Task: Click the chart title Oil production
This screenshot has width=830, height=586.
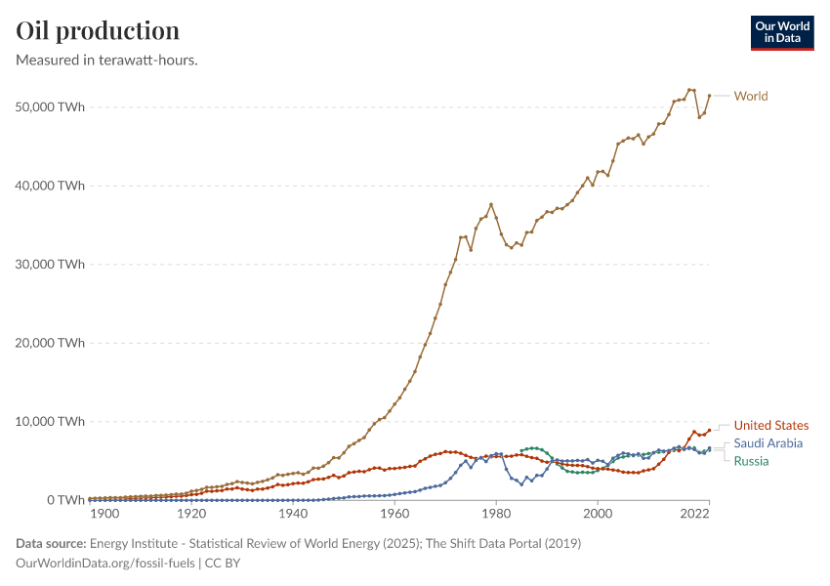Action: tap(98, 30)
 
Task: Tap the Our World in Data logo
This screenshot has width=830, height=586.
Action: tap(782, 32)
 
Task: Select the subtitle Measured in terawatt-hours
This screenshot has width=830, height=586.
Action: tap(107, 61)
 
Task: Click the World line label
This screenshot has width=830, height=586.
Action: tap(751, 96)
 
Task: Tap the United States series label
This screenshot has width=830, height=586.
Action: tap(771, 426)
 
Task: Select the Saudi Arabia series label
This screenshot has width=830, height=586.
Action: tap(768, 443)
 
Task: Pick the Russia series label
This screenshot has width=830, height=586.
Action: tap(751, 461)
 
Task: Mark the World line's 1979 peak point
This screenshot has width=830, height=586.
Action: tap(491, 204)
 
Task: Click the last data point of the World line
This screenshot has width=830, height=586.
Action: tap(709, 96)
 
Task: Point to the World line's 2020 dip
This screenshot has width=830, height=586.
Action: tap(699, 117)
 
